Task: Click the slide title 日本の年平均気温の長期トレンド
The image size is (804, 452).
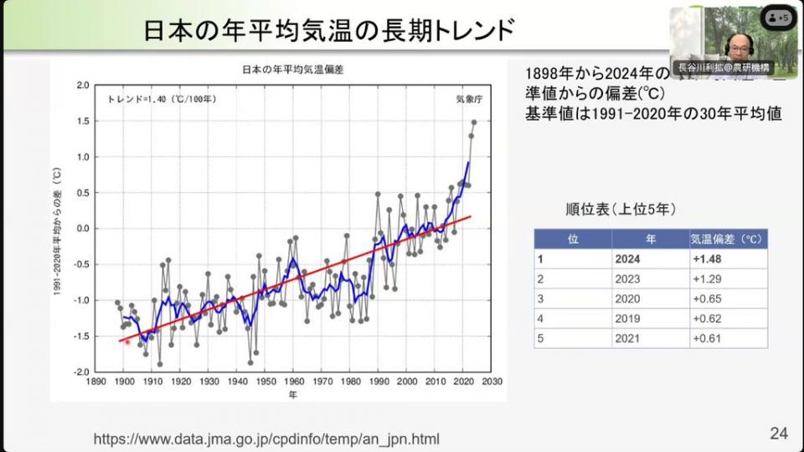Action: pos(327,30)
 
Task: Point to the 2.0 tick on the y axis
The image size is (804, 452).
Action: pos(82,86)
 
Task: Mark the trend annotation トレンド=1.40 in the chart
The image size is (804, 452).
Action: pos(162,99)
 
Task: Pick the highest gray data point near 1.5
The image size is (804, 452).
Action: pos(474,122)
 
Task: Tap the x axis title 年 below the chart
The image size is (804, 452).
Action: pos(292,394)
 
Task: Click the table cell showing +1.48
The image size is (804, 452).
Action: pos(708,259)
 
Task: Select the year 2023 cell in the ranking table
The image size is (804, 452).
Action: pos(627,279)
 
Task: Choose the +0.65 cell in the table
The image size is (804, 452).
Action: pos(707,299)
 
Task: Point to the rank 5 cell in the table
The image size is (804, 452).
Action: pos(541,338)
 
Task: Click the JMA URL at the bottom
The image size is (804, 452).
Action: pos(266,439)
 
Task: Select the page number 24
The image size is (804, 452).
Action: pos(779,433)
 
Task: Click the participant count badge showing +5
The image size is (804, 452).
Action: pos(779,18)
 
